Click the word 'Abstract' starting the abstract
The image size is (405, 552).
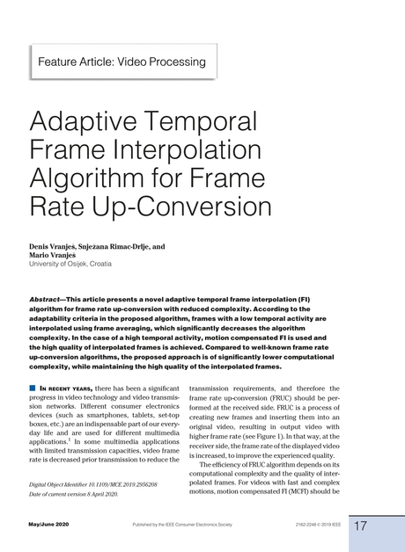coord(49,300)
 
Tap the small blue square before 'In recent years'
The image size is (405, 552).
coord(33,388)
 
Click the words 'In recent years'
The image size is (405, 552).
coord(65,388)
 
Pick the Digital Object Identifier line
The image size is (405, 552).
coord(92,485)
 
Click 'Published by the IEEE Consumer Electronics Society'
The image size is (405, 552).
coord(182,525)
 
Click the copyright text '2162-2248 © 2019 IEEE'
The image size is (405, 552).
coord(315,525)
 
